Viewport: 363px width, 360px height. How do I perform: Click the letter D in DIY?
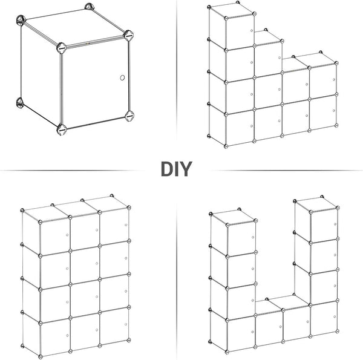click(166, 169)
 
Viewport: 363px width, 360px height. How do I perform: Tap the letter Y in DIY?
click(186, 169)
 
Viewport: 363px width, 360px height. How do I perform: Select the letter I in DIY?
click(175, 169)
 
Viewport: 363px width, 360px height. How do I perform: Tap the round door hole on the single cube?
click(122, 77)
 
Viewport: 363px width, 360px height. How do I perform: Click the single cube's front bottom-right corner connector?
click(129, 116)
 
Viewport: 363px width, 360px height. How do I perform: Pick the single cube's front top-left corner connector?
click(61, 48)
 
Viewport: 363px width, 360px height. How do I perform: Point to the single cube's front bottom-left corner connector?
click(62, 129)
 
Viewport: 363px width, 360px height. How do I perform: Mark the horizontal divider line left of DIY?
click(70, 171)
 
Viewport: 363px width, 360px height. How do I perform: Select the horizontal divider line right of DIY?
click(286, 171)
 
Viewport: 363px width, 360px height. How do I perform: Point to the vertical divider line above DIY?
click(177, 70)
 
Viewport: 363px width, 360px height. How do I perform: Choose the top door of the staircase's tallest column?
click(240, 32)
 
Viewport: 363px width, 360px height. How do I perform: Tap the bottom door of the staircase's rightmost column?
click(323, 112)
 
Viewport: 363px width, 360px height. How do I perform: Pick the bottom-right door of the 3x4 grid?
click(114, 326)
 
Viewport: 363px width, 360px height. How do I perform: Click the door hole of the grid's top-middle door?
click(97, 230)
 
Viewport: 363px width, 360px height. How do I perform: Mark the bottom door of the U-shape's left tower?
click(241, 333)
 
